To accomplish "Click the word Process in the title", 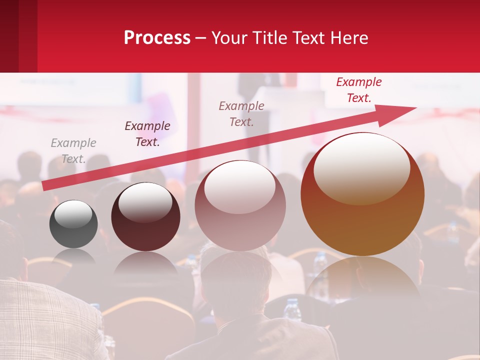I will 157,38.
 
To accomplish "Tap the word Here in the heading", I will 349,38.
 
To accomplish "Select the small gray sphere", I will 73,224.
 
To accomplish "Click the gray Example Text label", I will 73,151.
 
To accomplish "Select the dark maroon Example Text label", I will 147,134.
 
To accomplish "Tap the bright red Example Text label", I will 359,90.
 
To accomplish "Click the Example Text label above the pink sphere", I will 241,113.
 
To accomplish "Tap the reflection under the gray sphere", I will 73,256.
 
